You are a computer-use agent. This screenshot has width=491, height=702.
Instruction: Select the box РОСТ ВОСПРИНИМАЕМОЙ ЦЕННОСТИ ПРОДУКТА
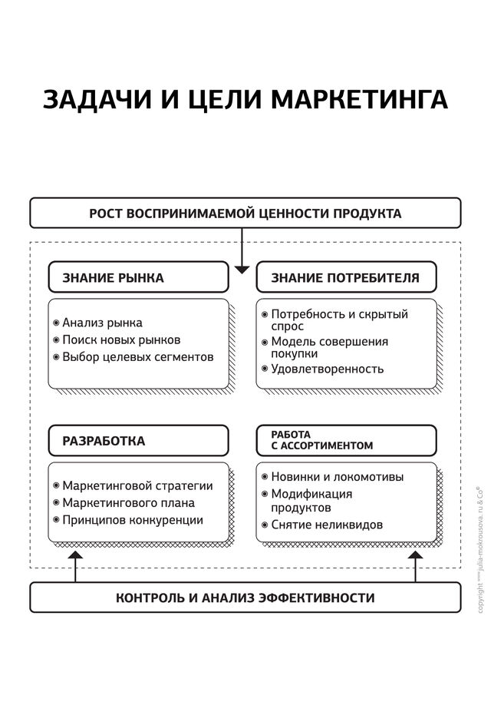click(245, 213)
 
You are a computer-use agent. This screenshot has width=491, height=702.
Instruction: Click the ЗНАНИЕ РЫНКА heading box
click(138, 277)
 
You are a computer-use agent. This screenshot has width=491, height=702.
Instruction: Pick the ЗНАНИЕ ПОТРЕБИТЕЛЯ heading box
click(346, 277)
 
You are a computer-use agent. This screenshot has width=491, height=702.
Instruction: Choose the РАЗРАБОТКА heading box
click(138, 441)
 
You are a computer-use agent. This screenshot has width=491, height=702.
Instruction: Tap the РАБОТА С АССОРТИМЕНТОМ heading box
click(346, 440)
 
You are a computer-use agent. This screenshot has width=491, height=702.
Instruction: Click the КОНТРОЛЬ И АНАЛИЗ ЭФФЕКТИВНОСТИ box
click(245, 598)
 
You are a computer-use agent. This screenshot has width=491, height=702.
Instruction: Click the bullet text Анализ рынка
click(102, 323)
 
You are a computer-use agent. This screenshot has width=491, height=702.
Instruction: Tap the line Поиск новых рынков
click(121, 339)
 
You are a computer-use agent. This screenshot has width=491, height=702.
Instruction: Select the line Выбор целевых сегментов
click(138, 357)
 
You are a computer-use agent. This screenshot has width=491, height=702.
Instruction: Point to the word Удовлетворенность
click(327, 369)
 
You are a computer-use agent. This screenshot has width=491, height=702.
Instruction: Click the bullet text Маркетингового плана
click(128, 503)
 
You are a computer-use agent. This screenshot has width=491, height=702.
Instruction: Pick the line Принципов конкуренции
click(133, 520)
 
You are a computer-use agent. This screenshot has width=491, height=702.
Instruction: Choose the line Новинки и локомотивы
click(337, 476)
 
